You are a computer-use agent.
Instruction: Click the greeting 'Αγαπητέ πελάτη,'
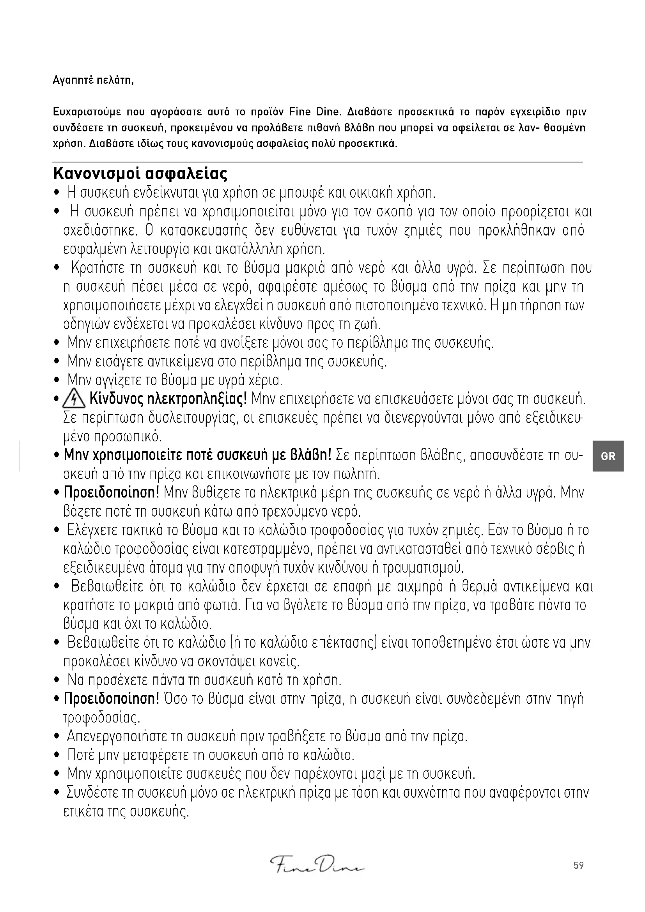[x=93, y=81]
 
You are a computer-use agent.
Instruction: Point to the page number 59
[x=578, y=866]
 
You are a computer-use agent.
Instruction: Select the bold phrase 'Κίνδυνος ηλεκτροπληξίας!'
[x=169, y=398]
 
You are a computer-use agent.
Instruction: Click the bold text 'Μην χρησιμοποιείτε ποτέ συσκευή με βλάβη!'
[x=197, y=455]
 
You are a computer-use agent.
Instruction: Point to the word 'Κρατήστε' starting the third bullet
[x=98, y=268]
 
